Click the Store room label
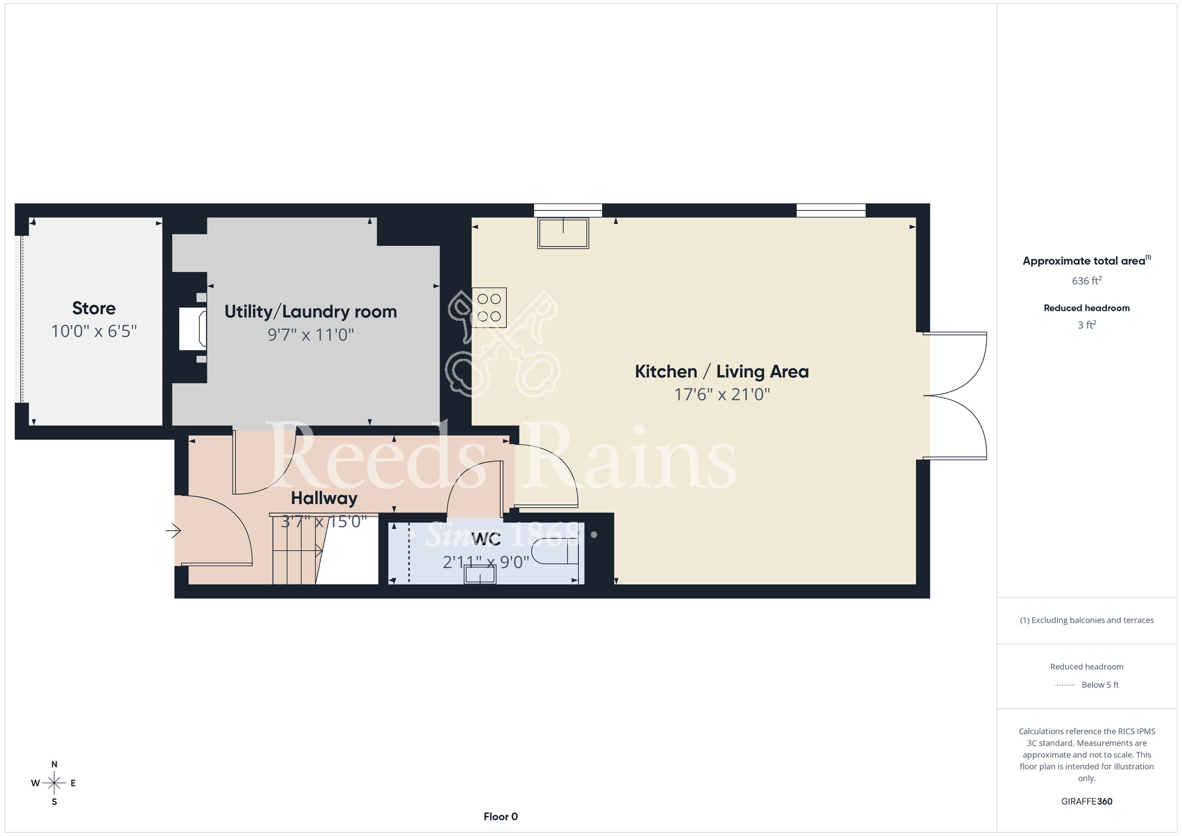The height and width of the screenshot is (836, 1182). [94, 308]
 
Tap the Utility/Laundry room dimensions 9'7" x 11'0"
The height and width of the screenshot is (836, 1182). [311, 335]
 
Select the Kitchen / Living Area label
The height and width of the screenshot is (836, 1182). [722, 371]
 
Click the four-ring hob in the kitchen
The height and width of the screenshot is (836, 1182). [489, 307]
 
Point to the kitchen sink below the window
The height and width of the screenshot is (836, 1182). [563, 233]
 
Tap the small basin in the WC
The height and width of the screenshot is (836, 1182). [480, 575]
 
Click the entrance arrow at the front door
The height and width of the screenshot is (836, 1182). [173, 531]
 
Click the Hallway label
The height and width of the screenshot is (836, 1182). [324, 498]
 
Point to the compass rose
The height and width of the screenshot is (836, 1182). [54, 783]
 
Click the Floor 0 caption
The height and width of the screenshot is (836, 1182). [501, 816]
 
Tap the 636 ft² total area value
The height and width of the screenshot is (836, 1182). [1087, 281]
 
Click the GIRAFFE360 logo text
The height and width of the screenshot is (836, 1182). [1087, 802]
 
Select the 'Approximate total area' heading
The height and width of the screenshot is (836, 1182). [1087, 261]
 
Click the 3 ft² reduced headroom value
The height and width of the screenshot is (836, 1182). [1087, 325]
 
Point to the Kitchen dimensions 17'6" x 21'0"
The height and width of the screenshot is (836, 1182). [722, 394]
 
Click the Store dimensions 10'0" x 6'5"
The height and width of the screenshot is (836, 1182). [94, 331]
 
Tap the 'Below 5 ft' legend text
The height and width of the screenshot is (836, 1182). [1100, 685]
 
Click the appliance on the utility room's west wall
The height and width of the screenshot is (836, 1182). [193, 329]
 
